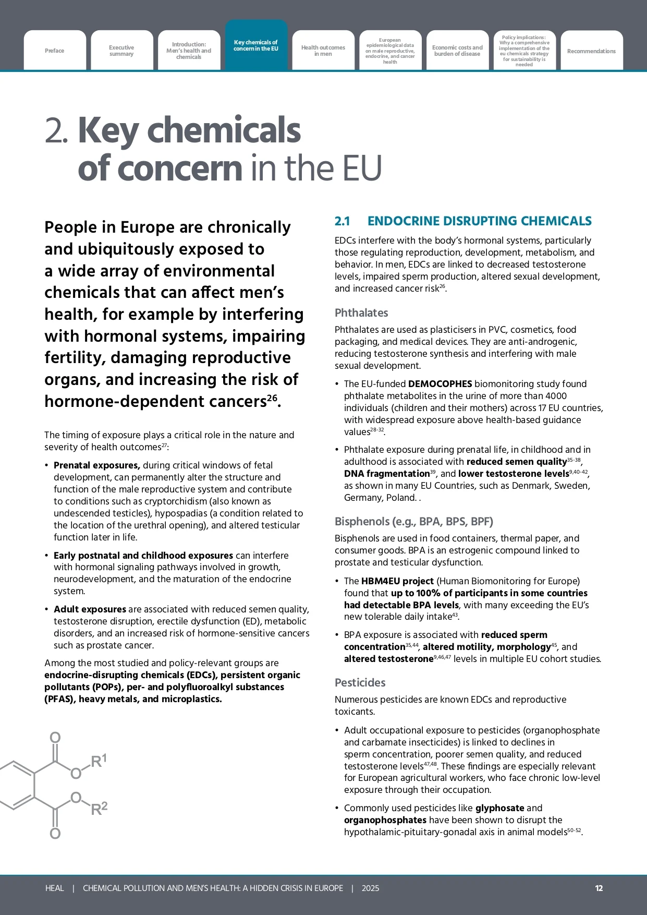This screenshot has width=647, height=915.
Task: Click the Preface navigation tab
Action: [x=55, y=51]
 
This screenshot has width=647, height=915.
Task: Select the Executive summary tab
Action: [x=121, y=51]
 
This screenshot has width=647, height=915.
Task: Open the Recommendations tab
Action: [x=591, y=51]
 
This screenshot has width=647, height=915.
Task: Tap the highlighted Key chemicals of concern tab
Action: [x=256, y=45]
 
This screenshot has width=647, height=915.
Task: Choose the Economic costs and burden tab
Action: [x=457, y=51]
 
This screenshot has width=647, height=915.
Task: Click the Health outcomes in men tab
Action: [x=323, y=51]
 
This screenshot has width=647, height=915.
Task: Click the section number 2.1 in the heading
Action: [x=342, y=221]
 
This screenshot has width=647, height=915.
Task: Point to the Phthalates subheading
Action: [x=361, y=313]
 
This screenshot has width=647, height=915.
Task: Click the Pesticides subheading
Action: [x=360, y=682]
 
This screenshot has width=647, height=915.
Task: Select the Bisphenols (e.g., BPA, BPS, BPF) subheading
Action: [x=413, y=522]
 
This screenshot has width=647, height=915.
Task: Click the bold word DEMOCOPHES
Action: [x=440, y=384]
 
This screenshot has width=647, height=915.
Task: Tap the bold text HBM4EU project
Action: [x=397, y=581]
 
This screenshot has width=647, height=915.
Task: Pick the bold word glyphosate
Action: [x=499, y=808]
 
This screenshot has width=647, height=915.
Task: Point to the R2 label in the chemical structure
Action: [x=99, y=809]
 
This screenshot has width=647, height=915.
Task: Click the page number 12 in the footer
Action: [x=599, y=888]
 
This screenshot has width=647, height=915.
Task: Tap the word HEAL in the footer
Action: [x=54, y=888]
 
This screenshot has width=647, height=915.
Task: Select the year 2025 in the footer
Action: [x=370, y=888]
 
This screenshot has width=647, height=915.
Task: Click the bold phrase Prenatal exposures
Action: [x=96, y=465]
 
